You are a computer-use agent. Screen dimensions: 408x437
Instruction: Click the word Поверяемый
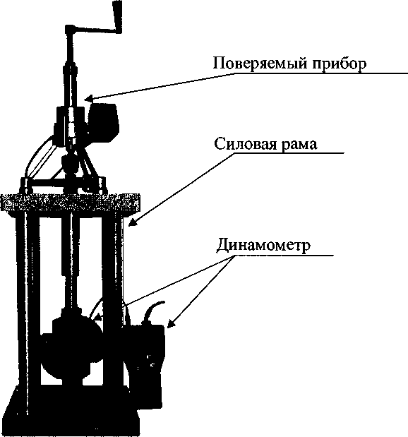pyautogui.click(x=260, y=64)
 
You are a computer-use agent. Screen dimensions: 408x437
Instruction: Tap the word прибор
pyautogui.click(x=339, y=64)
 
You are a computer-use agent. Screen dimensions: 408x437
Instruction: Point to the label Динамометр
pyautogui.click(x=263, y=245)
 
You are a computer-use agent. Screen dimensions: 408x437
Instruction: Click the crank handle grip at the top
pyautogui.click(x=117, y=16)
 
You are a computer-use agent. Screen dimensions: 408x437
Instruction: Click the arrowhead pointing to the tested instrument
pyautogui.click(x=89, y=98)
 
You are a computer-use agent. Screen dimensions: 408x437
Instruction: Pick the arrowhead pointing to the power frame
pyautogui.click(x=133, y=222)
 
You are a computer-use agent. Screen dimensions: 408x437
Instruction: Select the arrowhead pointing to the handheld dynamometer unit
pyautogui.click(x=172, y=323)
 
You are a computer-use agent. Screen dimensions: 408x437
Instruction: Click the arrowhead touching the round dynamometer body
pyautogui.click(x=97, y=316)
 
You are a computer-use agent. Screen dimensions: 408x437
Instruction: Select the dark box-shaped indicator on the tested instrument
pyautogui.click(x=104, y=121)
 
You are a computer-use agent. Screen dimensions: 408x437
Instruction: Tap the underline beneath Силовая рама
pyautogui.click(x=289, y=152)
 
